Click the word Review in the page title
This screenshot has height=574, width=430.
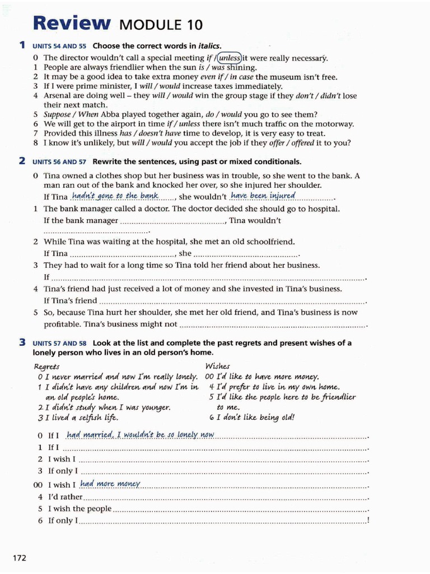click(x=72, y=23)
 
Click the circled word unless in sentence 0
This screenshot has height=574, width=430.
click(x=230, y=58)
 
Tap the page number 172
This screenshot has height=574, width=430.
click(x=19, y=557)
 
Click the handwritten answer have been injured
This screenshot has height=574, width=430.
click(x=263, y=196)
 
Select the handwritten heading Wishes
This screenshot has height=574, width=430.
click(x=218, y=366)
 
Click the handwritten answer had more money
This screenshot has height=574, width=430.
click(x=110, y=484)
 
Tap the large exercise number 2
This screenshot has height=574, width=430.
click(x=22, y=161)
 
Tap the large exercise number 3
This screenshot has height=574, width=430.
click(x=22, y=342)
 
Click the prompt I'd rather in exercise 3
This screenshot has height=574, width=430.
click(x=66, y=497)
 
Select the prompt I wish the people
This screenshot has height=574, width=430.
click(x=80, y=509)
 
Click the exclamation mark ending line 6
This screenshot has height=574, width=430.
click(x=368, y=521)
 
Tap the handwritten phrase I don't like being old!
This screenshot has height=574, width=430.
click(x=251, y=417)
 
